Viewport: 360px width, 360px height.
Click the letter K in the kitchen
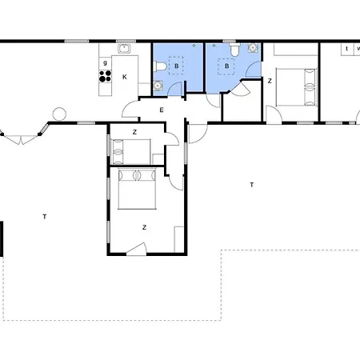click(x=125, y=77)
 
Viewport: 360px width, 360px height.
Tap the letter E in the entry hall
click(x=162, y=110)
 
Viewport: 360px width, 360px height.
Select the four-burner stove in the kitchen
click(x=106, y=76)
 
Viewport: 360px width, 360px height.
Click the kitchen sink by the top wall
click(x=124, y=49)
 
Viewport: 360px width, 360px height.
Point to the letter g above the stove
click(x=105, y=63)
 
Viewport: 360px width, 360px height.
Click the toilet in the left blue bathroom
click(x=160, y=66)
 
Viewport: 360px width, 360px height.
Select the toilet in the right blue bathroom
click(x=234, y=50)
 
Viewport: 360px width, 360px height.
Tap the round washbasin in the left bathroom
click(x=158, y=86)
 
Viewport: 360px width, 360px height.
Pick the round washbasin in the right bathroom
click(x=253, y=48)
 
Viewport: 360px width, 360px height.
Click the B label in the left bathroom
click(x=176, y=66)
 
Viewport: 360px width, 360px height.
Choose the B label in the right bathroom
click(x=226, y=66)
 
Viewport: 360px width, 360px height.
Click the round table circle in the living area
click(x=59, y=114)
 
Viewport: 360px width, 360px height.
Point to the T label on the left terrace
click(x=45, y=217)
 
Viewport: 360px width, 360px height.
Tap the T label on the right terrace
click(x=251, y=185)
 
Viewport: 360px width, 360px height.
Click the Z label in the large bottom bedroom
click(x=144, y=227)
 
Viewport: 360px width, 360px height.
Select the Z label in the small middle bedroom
click(x=134, y=132)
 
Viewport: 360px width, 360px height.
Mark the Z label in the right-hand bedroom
click(x=270, y=81)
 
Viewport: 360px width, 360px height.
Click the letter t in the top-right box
click(x=346, y=49)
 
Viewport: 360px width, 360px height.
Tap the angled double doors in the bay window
click(x=20, y=139)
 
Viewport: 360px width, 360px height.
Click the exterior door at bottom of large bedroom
click(x=137, y=250)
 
